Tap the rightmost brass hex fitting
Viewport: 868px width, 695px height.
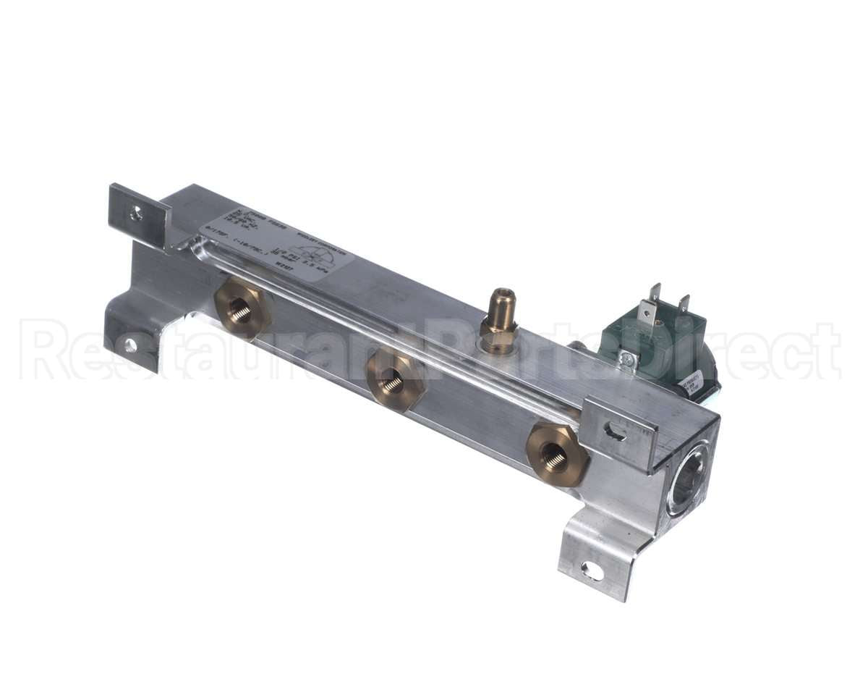pyautogui.click(x=556, y=455)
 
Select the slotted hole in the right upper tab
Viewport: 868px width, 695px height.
pyautogui.click(x=615, y=431)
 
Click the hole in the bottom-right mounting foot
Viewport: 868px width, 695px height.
pyautogui.click(x=592, y=570)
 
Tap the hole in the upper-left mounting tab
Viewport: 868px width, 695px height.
pyautogui.click(x=135, y=213)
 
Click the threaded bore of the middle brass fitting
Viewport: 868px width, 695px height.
pyautogui.click(x=392, y=381)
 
